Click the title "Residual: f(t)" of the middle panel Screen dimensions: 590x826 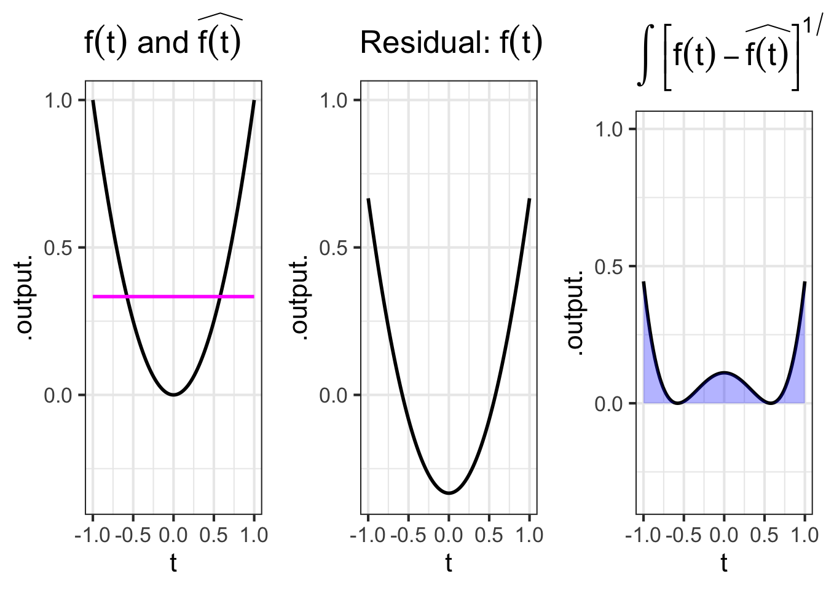[451, 43]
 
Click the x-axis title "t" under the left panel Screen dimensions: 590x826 [173, 563]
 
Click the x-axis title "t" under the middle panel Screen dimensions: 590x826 [449, 563]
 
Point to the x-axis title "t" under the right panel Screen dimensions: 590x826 [724, 563]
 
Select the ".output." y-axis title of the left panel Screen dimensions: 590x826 [25, 298]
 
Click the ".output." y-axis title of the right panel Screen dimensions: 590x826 [576, 313]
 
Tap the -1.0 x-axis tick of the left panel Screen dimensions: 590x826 [92, 535]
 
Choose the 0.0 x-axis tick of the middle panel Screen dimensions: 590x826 [449, 535]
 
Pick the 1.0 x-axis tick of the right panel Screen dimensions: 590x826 [804, 535]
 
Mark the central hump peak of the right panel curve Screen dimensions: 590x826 [724, 372]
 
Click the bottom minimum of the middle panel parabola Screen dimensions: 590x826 [449, 493]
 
